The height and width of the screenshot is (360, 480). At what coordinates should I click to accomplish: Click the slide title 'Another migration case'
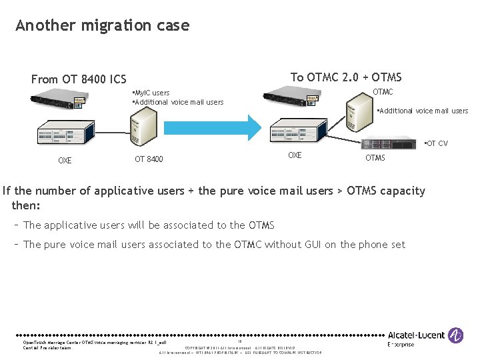point(102,25)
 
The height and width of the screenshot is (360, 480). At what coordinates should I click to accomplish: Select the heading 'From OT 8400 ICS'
point(79,79)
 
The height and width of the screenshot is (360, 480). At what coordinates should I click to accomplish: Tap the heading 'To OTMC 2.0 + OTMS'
point(346,77)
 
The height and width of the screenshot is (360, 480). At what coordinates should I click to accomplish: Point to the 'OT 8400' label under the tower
point(149,159)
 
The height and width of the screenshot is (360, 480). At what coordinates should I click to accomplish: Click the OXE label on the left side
point(65,161)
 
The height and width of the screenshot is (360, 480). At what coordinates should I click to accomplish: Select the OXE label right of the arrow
point(295,155)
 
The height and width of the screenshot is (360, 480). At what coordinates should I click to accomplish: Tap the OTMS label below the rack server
point(375,158)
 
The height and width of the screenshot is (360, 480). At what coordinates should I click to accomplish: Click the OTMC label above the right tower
point(383,92)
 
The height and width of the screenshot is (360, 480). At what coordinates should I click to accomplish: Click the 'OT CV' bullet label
point(437,143)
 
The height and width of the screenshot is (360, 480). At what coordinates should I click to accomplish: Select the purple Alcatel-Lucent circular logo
point(456,335)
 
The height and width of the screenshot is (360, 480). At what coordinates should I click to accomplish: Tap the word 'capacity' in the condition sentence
point(401,191)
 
